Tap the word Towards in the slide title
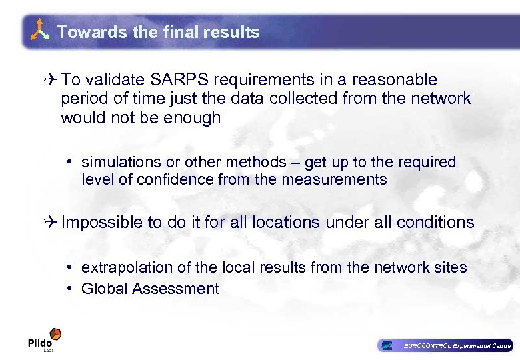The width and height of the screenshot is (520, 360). coord(81,32)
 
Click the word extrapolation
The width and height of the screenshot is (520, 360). coord(125,267)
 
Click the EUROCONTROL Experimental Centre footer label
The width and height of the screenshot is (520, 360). coord(457,345)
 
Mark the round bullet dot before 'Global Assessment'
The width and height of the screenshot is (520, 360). coord(69,289)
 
